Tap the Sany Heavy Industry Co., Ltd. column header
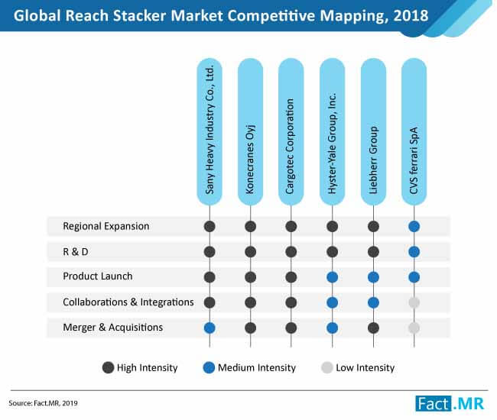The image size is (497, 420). (x=209, y=130)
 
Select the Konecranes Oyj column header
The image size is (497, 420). (x=250, y=130)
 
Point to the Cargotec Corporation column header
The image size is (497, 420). (x=291, y=130)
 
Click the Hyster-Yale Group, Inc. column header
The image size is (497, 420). (x=332, y=130)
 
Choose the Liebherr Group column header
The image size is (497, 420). (x=373, y=130)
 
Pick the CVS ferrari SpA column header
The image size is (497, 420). (x=414, y=130)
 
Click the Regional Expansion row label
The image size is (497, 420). (x=106, y=227)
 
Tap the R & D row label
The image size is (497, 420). (x=78, y=252)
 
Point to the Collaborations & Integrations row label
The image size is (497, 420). (x=128, y=302)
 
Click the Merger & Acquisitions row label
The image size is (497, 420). (x=112, y=328)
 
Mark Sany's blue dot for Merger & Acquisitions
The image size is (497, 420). (x=209, y=328)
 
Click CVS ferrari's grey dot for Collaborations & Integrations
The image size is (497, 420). (x=414, y=302)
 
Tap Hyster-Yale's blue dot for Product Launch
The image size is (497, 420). (x=332, y=277)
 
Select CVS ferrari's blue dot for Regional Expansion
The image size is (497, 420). (x=414, y=227)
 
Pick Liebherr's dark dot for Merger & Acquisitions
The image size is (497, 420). (x=373, y=328)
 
